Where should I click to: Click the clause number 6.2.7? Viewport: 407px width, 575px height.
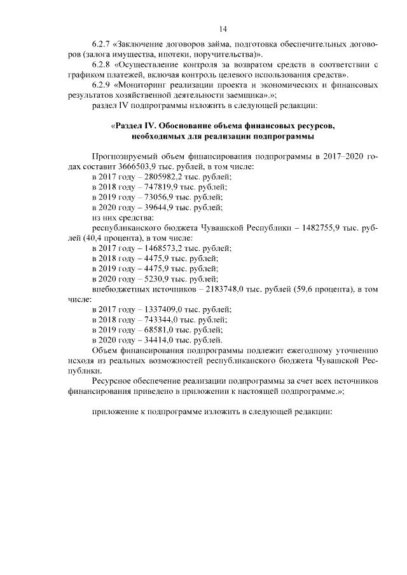click(102, 45)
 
